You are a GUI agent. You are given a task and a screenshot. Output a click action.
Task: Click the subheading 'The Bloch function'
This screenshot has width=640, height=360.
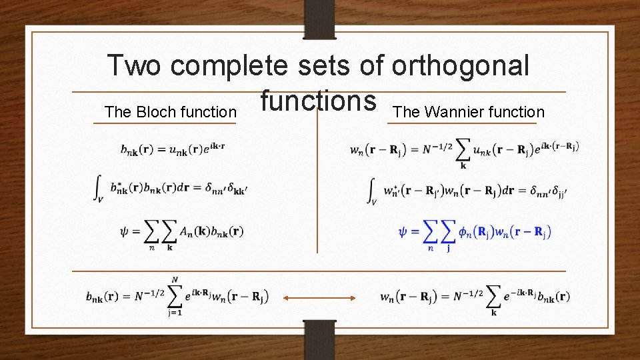click(171, 112)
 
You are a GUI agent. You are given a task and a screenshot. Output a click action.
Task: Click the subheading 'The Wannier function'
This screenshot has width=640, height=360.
click(469, 112)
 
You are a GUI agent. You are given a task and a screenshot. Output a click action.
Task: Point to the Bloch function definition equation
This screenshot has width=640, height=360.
click(172, 149)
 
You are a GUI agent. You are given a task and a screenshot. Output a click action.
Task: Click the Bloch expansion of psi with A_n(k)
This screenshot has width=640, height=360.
click(181, 233)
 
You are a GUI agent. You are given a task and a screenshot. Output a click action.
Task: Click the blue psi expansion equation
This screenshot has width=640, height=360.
click(474, 234)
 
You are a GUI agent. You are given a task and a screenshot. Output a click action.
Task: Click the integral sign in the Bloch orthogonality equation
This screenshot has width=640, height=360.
click(98, 189)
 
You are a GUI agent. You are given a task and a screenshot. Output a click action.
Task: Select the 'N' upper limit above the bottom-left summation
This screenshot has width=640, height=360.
click(175, 280)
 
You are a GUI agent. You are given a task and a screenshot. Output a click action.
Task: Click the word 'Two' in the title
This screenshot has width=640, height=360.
click(134, 66)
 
